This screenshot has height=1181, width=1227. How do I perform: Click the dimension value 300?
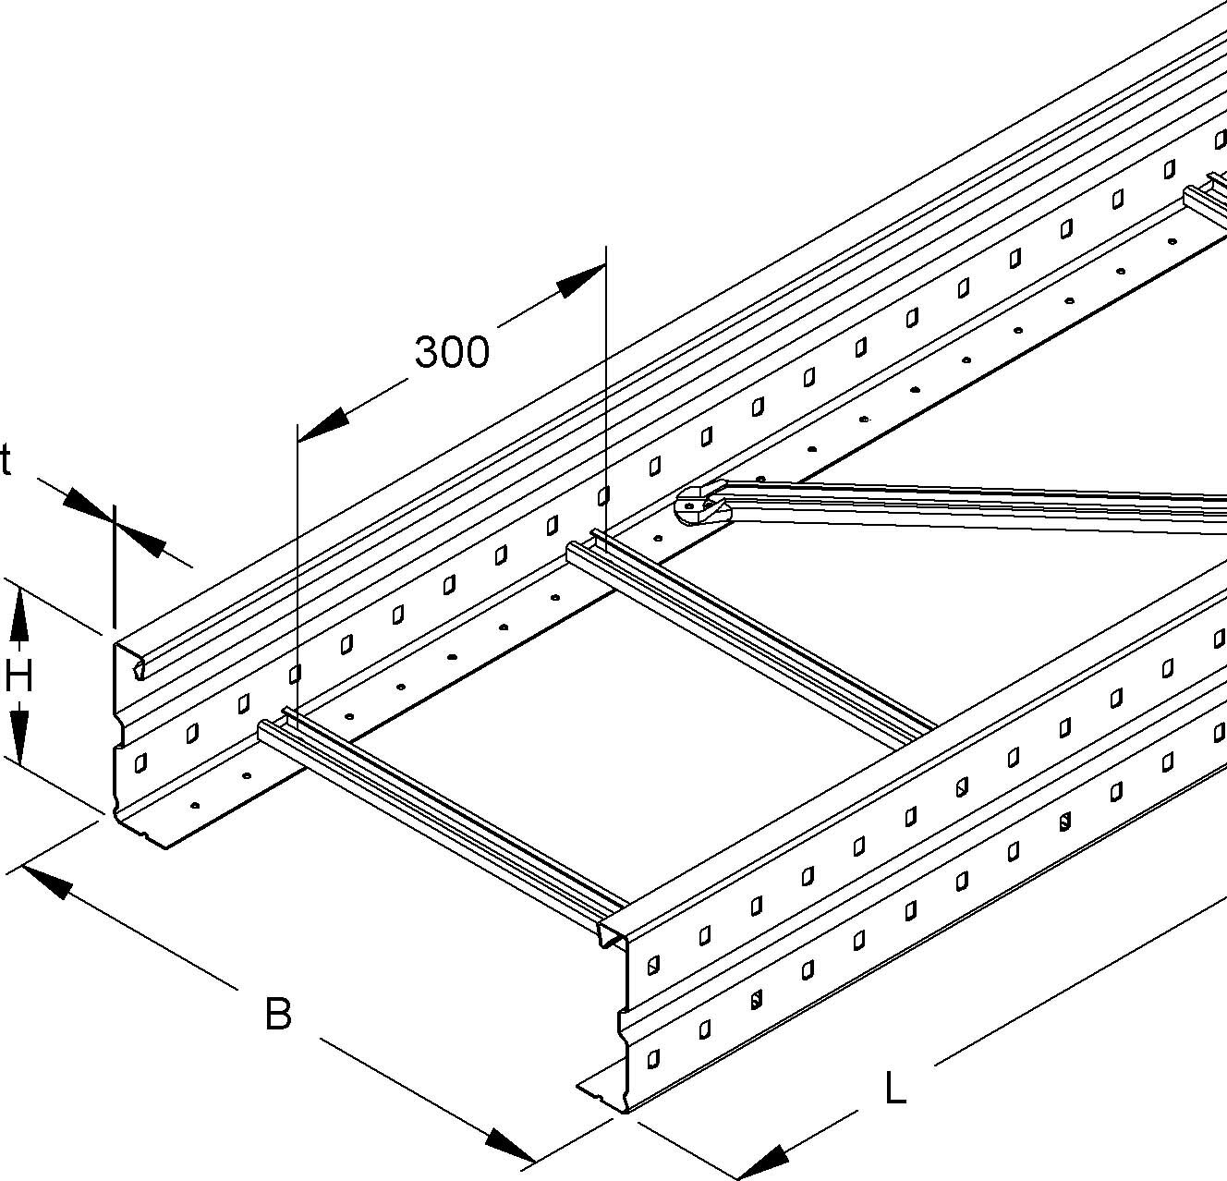(x=451, y=353)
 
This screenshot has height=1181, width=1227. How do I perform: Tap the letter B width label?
(x=278, y=1014)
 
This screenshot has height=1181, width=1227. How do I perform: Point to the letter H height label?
(x=18, y=678)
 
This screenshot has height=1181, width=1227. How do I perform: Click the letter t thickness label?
(x=6, y=460)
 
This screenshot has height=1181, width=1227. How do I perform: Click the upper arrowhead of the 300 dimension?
(x=582, y=279)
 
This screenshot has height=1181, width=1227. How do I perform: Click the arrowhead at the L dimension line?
(x=761, y=1161)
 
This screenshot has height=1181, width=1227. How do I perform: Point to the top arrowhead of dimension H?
(x=19, y=615)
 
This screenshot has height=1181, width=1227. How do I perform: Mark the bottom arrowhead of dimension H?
(x=19, y=736)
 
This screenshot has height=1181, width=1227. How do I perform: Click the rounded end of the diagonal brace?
(x=697, y=505)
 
